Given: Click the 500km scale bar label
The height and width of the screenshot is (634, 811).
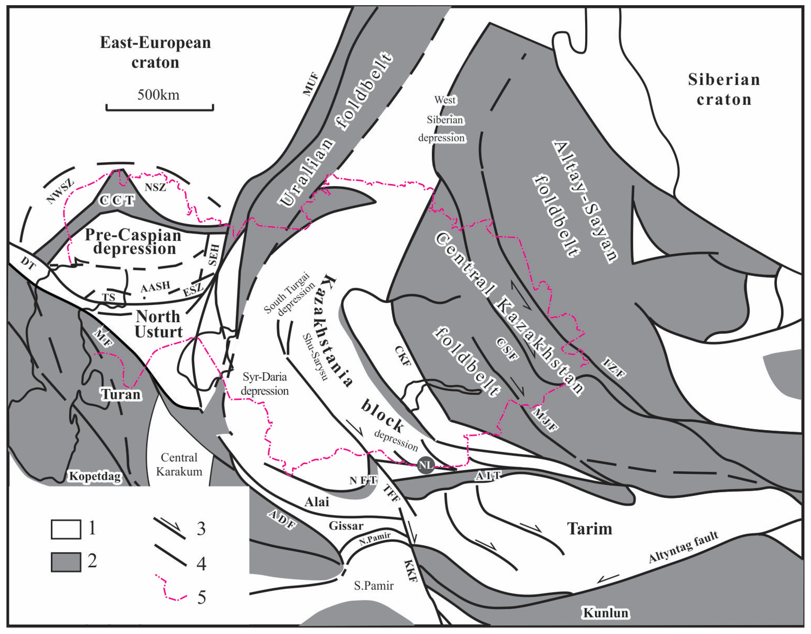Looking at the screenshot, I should click(159, 95).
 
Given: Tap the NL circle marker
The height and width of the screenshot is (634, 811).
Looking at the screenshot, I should click(426, 465).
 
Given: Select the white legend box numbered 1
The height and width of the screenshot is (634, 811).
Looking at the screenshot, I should click(66, 529).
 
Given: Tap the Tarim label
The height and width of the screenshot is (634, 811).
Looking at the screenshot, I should click(590, 529).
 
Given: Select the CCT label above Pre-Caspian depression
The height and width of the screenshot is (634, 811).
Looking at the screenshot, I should click(117, 201).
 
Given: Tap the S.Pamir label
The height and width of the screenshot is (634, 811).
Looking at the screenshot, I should click(374, 586).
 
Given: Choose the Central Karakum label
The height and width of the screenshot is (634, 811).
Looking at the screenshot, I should click(179, 464).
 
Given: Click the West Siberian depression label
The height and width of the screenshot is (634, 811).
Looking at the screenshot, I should click(442, 119).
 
